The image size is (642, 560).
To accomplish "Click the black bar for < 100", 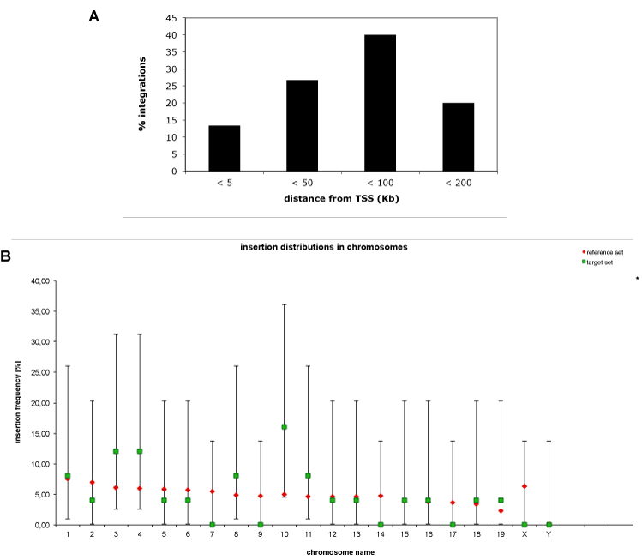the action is click(x=380, y=103).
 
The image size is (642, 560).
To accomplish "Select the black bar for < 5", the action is click(x=225, y=148).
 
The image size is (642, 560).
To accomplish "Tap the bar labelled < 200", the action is click(x=459, y=137).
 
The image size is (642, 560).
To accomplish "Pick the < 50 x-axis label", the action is click(x=303, y=183).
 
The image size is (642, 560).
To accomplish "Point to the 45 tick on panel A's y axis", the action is click(x=171, y=18).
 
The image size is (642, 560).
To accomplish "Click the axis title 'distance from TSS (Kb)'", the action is click(x=341, y=199).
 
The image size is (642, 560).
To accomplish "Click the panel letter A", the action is click(x=93, y=16).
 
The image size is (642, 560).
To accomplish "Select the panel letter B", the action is click(x=5, y=256).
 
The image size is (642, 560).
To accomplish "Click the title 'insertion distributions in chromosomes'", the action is click(x=324, y=247).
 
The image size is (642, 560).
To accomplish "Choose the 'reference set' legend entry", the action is click(x=603, y=252).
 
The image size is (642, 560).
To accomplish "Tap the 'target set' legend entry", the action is click(x=597, y=262).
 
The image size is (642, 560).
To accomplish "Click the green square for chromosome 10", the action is click(x=285, y=427).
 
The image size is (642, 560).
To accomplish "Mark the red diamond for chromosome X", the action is click(x=525, y=486).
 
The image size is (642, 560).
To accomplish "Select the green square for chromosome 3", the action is click(x=116, y=451).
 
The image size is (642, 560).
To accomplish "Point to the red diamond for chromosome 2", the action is click(x=92, y=482).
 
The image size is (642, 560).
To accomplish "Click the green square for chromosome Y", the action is click(x=549, y=525).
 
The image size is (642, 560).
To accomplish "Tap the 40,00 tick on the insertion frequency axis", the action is click(x=40, y=281).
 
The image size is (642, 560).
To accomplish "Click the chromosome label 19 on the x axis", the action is click(x=501, y=534).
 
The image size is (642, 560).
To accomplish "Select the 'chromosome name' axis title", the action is click(x=340, y=552).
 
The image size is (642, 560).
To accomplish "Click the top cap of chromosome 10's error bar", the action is click(x=285, y=304).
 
